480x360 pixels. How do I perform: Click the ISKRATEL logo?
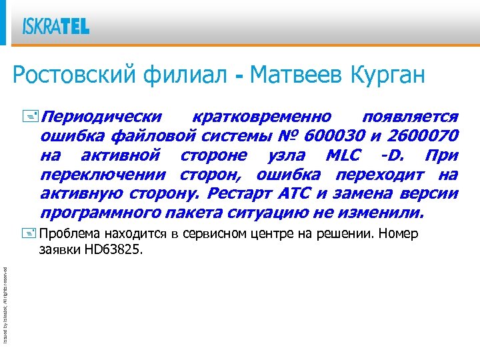coord(56,27)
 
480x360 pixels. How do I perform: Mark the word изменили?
coord(384,214)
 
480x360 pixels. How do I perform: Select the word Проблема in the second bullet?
coord(69,234)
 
